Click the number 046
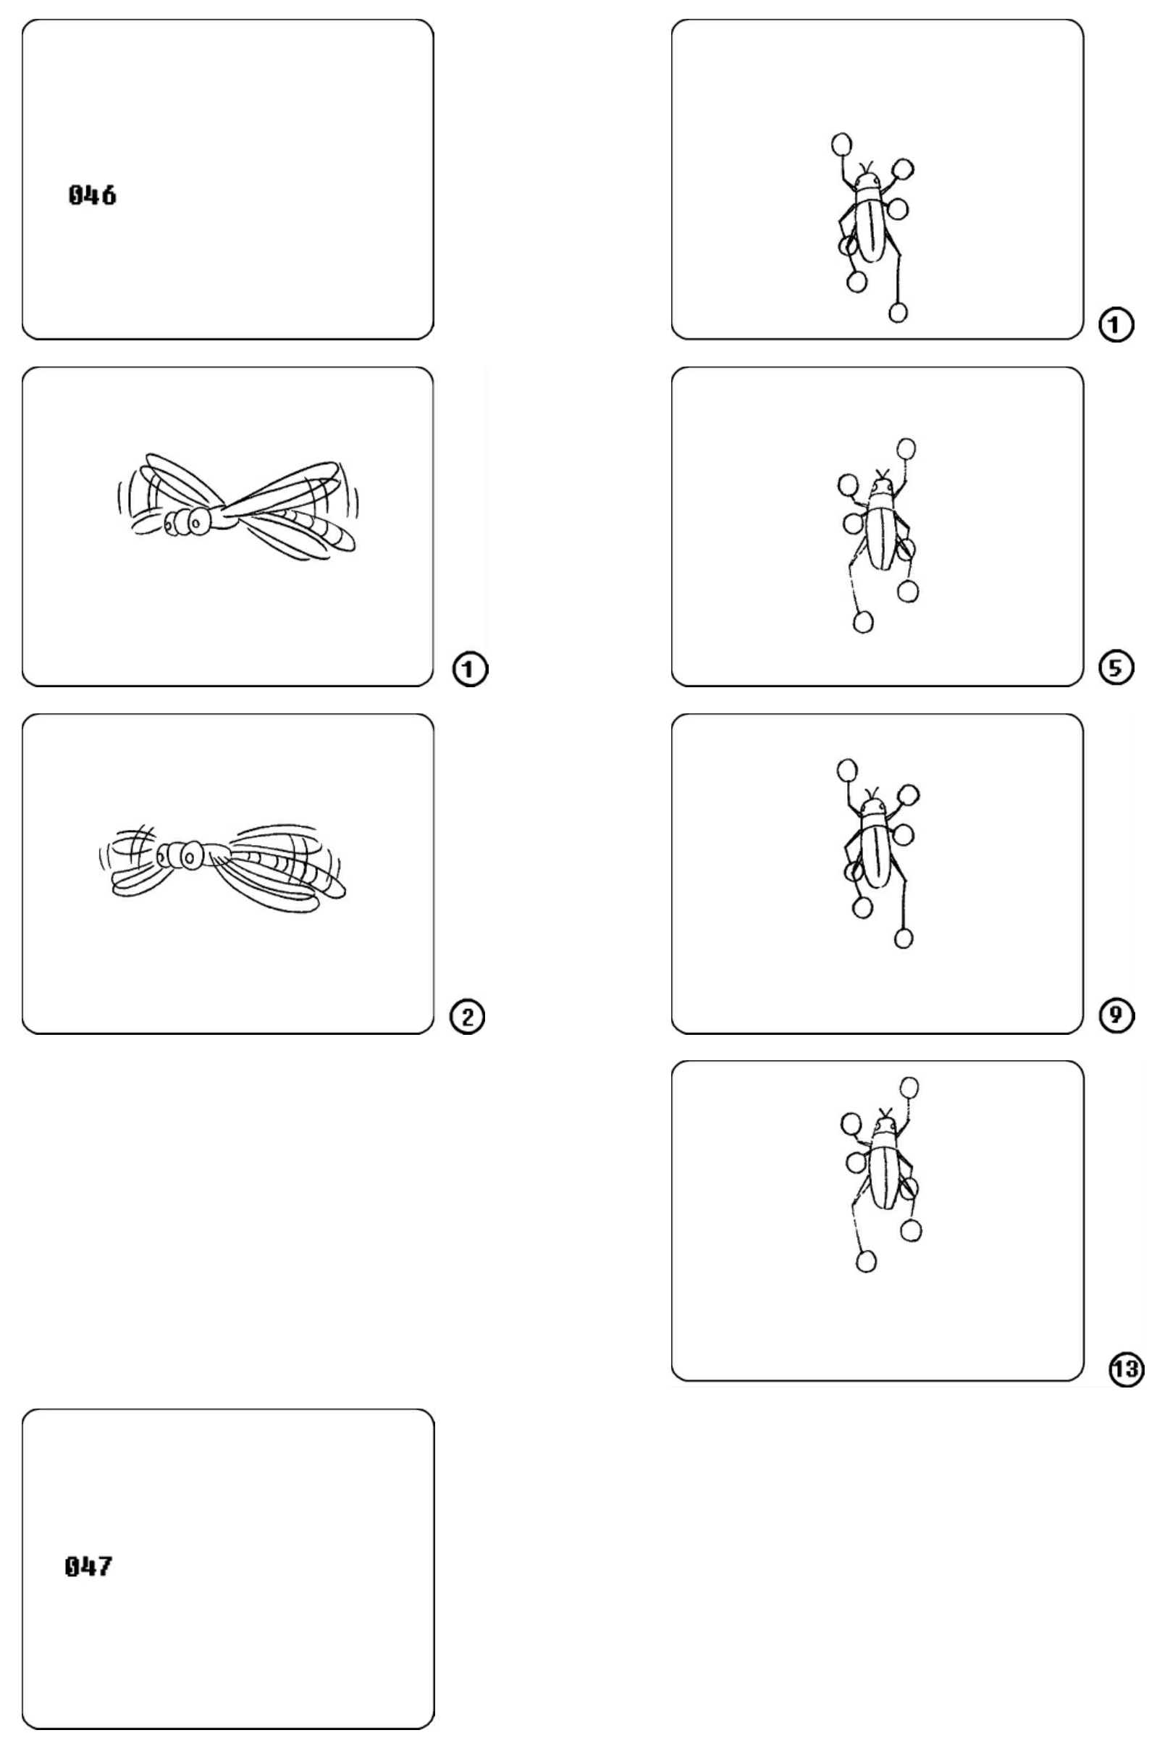(x=93, y=196)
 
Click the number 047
(x=90, y=1566)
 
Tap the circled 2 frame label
(x=468, y=1017)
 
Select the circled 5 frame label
(x=1117, y=668)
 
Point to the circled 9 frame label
(x=1117, y=1015)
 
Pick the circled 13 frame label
(x=1127, y=1369)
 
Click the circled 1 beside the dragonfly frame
(x=470, y=669)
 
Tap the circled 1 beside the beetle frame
(x=1116, y=325)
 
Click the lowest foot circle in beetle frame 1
(x=898, y=313)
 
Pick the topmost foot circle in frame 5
(x=906, y=448)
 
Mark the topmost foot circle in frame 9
(x=847, y=769)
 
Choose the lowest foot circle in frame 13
(x=867, y=1261)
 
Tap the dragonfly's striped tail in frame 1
(x=310, y=524)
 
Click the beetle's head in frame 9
(x=871, y=807)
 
